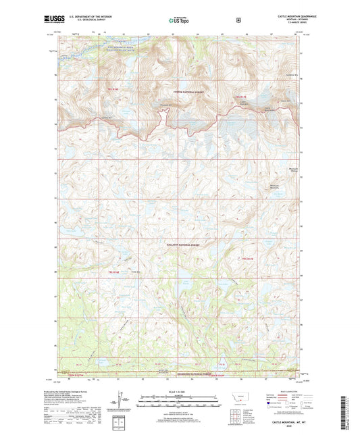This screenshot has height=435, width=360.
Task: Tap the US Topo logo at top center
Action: point(178,21)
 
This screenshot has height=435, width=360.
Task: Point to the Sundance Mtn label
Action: point(292,74)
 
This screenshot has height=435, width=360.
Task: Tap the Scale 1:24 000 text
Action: point(178,394)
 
